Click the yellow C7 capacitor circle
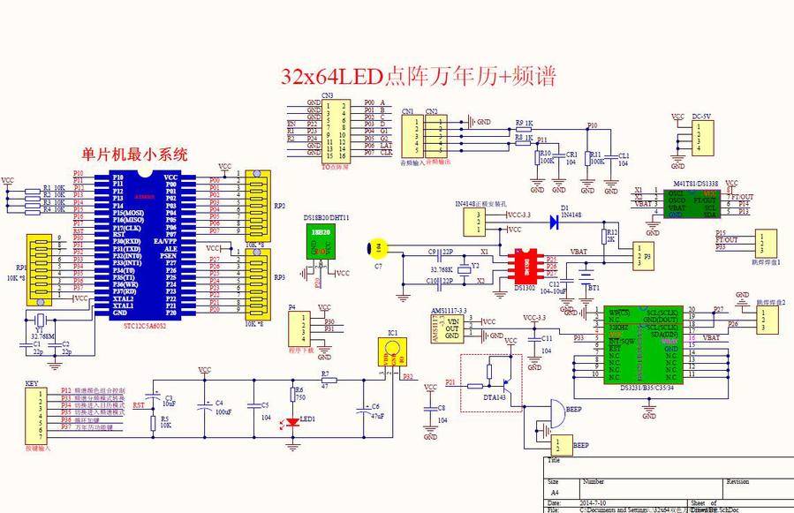point(377,248)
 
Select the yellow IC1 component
point(390,354)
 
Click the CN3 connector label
point(327,94)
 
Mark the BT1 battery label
point(594,288)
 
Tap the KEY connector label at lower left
point(32,384)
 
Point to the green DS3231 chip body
point(645,344)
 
